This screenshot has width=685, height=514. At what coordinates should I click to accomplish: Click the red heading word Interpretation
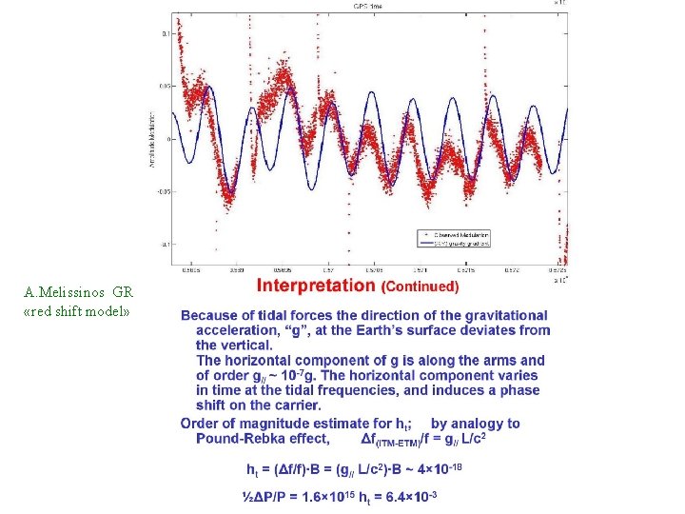coord(316,285)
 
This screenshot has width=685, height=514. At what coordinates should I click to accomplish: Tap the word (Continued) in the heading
coord(420,286)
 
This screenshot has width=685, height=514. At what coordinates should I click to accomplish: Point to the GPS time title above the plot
coord(367,5)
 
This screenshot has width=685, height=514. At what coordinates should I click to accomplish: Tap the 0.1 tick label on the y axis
coord(164,33)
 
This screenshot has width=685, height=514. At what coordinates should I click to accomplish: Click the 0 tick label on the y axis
coord(166,139)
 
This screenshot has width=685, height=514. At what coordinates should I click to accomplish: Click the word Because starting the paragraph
coord(212,315)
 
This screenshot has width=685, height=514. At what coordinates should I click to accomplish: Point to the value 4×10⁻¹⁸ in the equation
coord(438,469)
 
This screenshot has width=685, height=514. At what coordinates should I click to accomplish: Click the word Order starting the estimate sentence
coord(200,424)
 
